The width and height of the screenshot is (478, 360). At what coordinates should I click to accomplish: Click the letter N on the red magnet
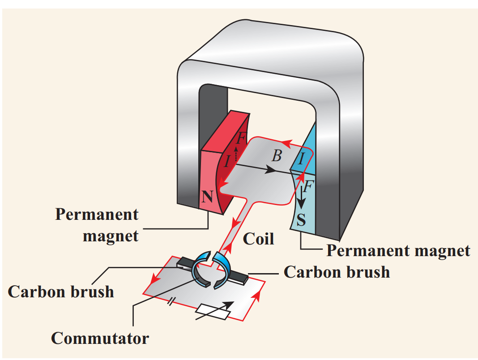click(207, 197)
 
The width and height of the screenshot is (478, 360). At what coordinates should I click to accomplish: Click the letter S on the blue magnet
click(301, 219)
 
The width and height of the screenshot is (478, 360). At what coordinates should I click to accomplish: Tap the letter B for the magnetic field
click(277, 156)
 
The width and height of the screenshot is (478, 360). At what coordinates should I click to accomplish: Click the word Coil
click(258, 238)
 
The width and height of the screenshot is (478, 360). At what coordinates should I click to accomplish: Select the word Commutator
click(100, 338)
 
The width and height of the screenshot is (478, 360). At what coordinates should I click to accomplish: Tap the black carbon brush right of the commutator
click(238, 276)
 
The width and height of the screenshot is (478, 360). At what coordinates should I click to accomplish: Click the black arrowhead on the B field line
click(269, 170)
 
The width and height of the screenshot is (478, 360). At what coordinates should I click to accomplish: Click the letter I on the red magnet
click(227, 161)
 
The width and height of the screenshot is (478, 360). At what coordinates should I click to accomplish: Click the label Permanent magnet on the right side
click(398, 251)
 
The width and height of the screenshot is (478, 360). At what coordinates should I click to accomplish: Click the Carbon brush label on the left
click(61, 291)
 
